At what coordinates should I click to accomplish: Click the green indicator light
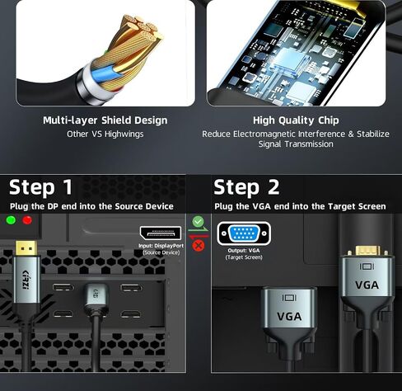click(11, 220)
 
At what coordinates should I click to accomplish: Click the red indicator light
click(27, 220)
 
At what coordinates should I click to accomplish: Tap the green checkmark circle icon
click(198, 221)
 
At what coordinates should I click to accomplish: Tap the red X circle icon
click(199, 245)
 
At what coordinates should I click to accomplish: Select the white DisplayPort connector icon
click(161, 233)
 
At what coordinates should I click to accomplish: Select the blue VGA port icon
click(244, 233)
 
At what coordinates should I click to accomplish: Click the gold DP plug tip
click(26, 248)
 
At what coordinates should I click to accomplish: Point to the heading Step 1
click(41, 187)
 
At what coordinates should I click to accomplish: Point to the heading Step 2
click(246, 187)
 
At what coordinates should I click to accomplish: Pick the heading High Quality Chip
click(296, 120)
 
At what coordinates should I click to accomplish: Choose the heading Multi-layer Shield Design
click(105, 120)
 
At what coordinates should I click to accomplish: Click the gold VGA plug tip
click(367, 250)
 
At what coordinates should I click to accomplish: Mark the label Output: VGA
click(244, 251)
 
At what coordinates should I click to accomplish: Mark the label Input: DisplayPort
click(161, 246)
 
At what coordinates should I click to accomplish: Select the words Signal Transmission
click(296, 144)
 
